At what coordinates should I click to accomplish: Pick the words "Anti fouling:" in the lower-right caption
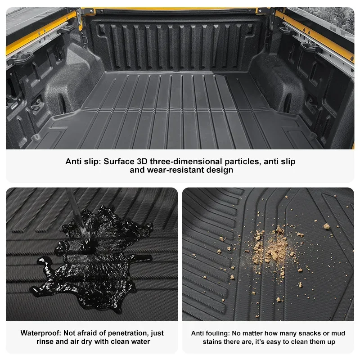[x=210, y=333]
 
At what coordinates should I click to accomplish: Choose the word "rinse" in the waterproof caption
[x=46, y=342]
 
